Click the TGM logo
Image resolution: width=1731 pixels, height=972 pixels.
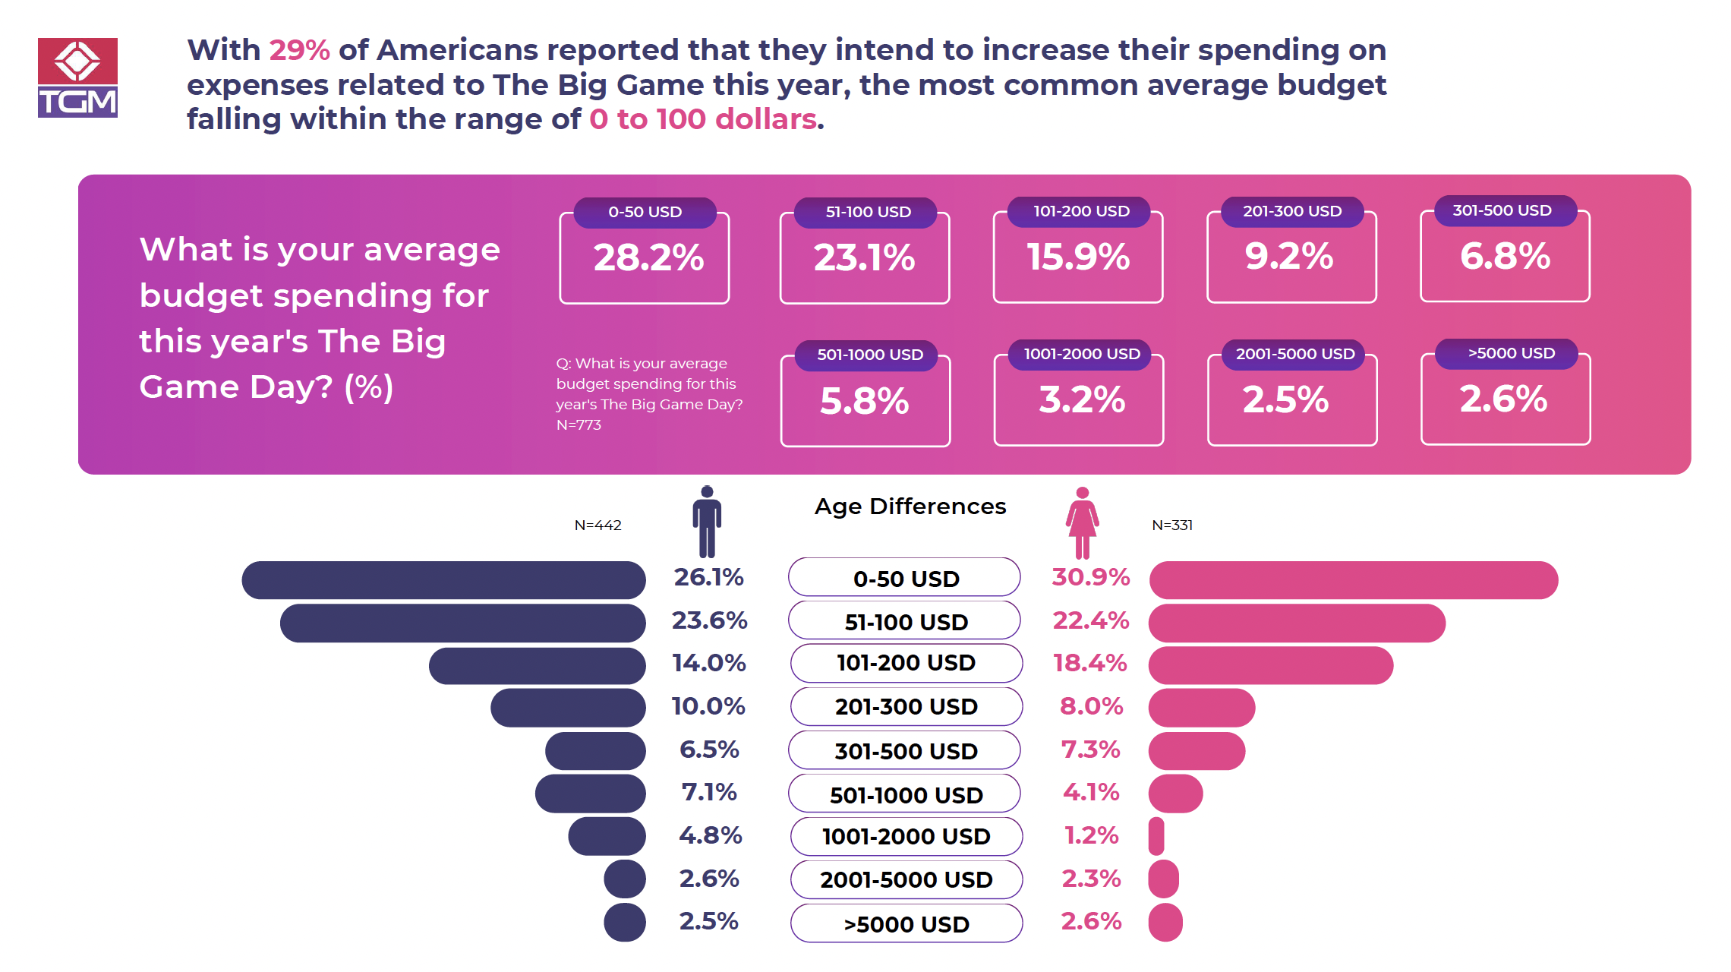pos(77,77)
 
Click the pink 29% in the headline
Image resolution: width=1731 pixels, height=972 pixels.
pos(299,50)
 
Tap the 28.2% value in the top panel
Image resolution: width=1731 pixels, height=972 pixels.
pos(648,257)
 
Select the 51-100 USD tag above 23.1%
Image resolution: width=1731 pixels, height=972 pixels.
pos(868,212)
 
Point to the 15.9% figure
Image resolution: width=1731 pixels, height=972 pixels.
pos(1078,257)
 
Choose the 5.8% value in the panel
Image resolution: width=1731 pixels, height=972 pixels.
pos(864,401)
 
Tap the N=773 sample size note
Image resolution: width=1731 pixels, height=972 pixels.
pos(579,425)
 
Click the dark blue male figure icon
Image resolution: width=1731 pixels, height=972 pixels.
pos(707,522)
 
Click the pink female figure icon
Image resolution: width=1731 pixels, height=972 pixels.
pos(1082,522)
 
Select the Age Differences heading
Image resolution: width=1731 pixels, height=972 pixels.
pos(910,507)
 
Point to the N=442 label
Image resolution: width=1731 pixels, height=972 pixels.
pos(597,525)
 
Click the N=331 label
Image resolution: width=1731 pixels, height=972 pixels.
pos(1171,525)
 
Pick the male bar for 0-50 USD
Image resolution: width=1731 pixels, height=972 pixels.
pos(443,580)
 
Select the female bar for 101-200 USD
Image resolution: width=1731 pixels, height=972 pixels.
pos(1270,666)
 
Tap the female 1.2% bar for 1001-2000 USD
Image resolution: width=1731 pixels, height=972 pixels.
pos(1156,836)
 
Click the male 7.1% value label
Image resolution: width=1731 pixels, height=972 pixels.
pos(708,792)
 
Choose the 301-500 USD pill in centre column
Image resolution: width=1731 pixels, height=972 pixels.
pos(905,751)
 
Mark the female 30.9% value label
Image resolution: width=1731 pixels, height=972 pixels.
pos(1090,577)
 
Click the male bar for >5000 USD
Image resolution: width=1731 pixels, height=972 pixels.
pos(625,922)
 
